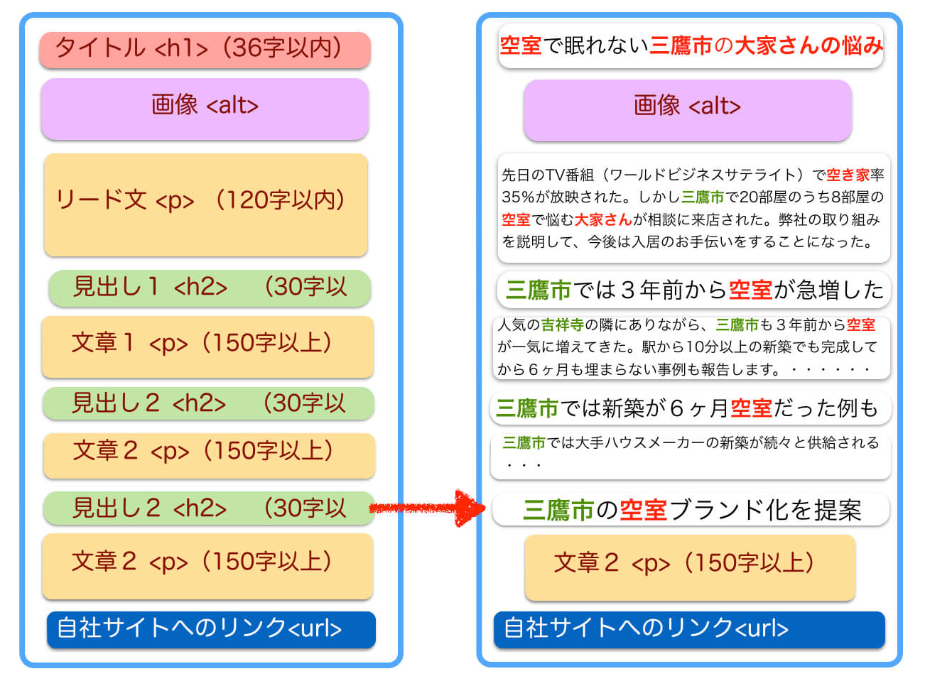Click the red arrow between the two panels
tap(428, 508)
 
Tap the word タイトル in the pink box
tap(100, 48)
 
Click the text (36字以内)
tap(282, 48)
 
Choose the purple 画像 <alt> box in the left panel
tap(205, 109)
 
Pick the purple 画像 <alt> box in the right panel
tap(688, 110)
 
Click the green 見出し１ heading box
tap(210, 288)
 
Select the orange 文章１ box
tap(207, 347)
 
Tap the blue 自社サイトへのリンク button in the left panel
tap(211, 629)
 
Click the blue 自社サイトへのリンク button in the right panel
tap(689, 629)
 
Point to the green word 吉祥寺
tap(563, 325)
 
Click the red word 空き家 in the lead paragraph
tap(848, 175)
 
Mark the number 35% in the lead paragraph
tap(518, 197)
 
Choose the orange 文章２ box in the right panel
tap(690, 567)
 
